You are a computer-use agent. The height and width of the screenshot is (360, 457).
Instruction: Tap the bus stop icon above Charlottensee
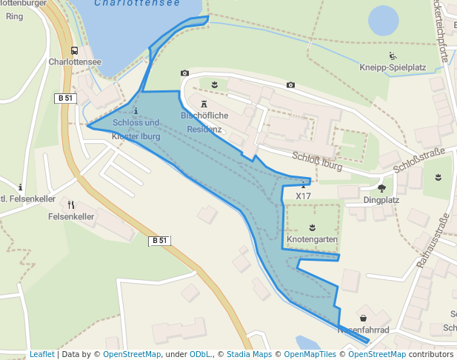(x=74, y=51)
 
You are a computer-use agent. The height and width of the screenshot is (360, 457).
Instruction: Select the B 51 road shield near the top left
(x=66, y=99)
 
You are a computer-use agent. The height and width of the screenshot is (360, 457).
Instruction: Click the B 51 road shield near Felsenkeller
(x=160, y=240)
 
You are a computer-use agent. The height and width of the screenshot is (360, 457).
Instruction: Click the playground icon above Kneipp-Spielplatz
(x=393, y=56)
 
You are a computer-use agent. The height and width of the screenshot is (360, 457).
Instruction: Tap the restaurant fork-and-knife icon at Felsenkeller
(x=71, y=205)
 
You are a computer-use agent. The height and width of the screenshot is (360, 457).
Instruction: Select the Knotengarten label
(x=312, y=240)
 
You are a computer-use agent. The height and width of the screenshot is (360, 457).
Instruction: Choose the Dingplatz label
(x=381, y=200)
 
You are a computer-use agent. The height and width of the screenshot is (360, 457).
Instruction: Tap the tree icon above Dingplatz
(x=381, y=188)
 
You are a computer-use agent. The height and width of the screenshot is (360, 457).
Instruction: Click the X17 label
(x=303, y=196)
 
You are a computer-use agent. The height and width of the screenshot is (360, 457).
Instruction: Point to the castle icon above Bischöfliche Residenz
(x=204, y=104)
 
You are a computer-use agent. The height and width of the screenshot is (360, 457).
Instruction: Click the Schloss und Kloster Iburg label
(x=136, y=130)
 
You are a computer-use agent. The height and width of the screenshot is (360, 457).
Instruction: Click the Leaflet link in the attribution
(x=42, y=355)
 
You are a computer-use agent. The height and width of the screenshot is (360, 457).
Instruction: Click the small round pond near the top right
(x=383, y=21)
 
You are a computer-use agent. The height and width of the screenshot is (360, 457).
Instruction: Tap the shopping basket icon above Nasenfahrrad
(x=363, y=317)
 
